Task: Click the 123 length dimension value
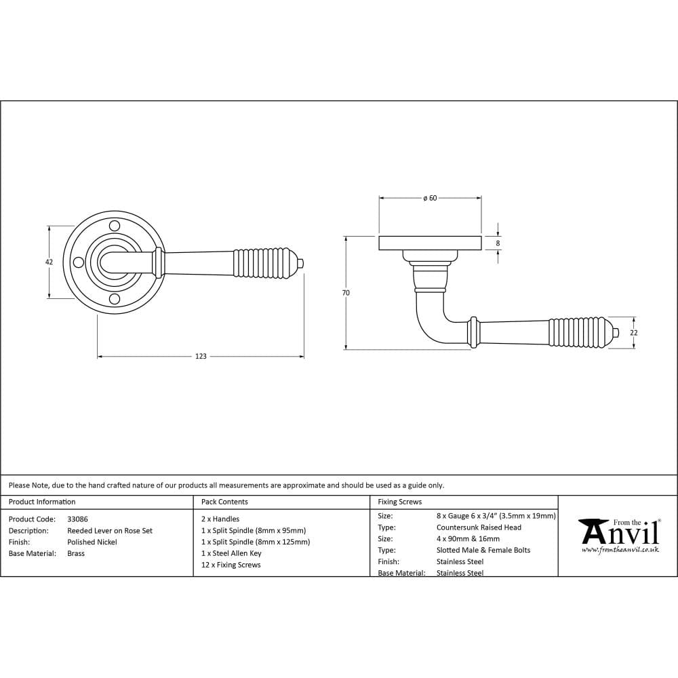tap(201, 356)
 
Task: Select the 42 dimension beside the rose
tap(49, 262)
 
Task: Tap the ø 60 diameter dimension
tap(430, 198)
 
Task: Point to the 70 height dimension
tap(346, 293)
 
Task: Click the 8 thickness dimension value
tap(498, 243)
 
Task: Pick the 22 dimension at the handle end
tap(634, 333)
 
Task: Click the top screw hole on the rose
tap(114, 225)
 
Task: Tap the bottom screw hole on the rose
tap(114, 299)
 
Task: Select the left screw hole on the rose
tap(77, 262)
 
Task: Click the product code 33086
tap(77, 519)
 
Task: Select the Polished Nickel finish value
tap(92, 542)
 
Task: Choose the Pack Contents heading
tap(224, 502)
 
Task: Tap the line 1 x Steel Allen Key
tap(231, 553)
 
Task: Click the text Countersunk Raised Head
tap(479, 527)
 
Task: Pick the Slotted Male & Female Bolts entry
tap(483, 551)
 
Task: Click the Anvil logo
tap(618, 535)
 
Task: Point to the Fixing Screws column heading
tap(399, 502)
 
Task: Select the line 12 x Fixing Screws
tap(231, 565)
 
